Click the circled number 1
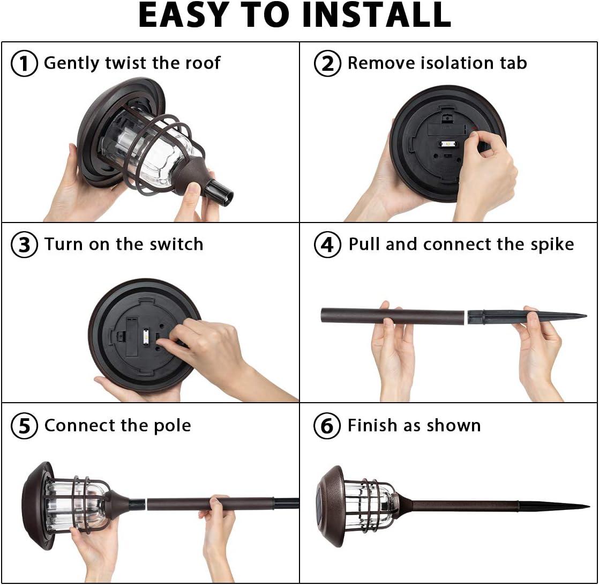(x=24, y=63)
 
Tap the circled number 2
(x=327, y=63)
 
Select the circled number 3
(x=24, y=245)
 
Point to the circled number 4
(x=327, y=245)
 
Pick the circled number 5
(x=24, y=426)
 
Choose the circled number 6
(x=327, y=426)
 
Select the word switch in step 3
(x=176, y=244)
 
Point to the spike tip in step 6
(x=588, y=507)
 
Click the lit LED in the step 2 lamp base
(x=448, y=145)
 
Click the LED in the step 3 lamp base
(x=146, y=336)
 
